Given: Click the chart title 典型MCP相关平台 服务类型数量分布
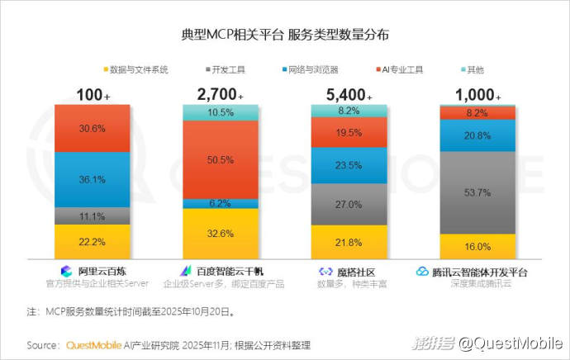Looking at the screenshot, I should pyautogui.click(x=285, y=36).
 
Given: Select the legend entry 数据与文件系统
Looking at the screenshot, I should pyautogui.click(x=138, y=69).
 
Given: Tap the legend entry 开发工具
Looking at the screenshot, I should pyautogui.click(x=227, y=69).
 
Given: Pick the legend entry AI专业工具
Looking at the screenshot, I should pyautogui.click(x=406, y=69).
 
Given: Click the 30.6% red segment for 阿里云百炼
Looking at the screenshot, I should pyautogui.click(x=92, y=128).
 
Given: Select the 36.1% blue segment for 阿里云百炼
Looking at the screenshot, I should pyautogui.click(x=92, y=179).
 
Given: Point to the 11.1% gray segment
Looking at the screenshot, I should pyautogui.click(x=92, y=216).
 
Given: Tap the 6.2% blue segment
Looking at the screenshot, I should pyautogui.click(x=220, y=203).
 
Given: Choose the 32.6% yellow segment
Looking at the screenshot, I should pyautogui.click(x=220, y=233).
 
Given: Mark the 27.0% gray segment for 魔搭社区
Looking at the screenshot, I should pyautogui.click(x=348, y=203).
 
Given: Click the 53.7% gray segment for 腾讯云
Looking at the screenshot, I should pyautogui.click(x=477, y=192).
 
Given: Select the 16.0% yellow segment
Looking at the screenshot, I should pyautogui.click(x=477, y=246).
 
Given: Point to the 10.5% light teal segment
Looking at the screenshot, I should pyautogui.click(x=220, y=112).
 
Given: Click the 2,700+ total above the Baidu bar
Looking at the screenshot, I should pyautogui.click(x=216, y=94).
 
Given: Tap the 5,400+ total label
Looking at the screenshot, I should pyautogui.click(x=345, y=94).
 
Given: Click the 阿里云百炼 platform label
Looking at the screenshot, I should pyautogui.click(x=100, y=271).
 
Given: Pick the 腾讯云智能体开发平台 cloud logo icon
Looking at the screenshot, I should pyautogui.click(x=422, y=271).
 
